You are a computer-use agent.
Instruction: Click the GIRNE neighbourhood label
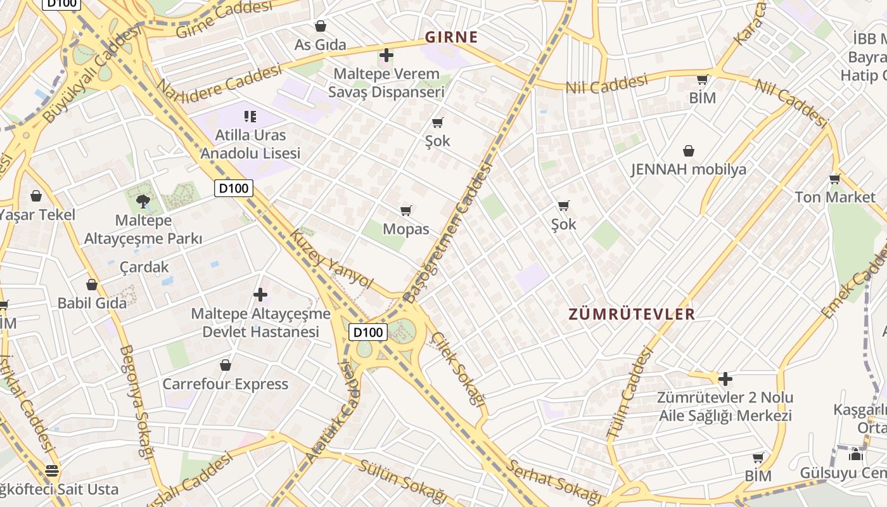[451, 37]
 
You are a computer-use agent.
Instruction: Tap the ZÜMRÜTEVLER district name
[632, 314]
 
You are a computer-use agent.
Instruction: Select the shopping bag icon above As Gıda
[321, 26]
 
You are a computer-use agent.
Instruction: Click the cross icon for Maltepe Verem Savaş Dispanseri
[386, 55]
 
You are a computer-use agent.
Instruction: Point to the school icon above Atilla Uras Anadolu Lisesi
[250, 116]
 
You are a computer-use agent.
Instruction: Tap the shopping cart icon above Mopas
[406, 210]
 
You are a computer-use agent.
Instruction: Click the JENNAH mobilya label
[689, 169]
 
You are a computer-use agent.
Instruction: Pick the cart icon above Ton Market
[834, 179]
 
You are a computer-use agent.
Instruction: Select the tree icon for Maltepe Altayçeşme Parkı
[143, 202]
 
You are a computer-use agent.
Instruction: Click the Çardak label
[144, 267]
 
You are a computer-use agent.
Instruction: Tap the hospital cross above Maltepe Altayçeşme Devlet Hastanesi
[260, 295]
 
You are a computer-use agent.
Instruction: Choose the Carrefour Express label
[226, 384]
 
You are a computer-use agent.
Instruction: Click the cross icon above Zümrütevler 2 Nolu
[725, 379]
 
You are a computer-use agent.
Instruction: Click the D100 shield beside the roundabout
[368, 332]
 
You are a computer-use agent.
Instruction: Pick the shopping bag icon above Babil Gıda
[92, 285]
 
